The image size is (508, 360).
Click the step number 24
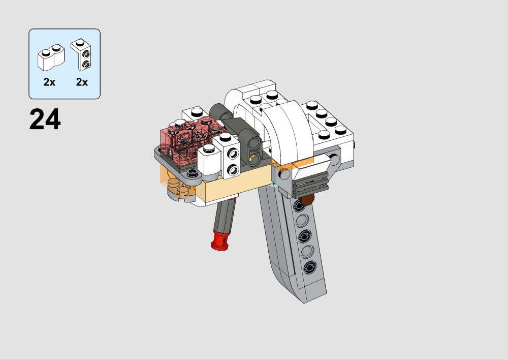pyautogui.click(x=45, y=119)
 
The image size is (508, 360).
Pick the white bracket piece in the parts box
pyautogui.click(x=81, y=54)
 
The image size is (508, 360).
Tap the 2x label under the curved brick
pyautogui.click(x=49, y=82)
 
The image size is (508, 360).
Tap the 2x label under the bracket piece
pyautogui.click(x=82, y=82)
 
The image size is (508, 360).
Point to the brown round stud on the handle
pyautogui.click(x=306, y=199)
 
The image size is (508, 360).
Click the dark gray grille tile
pyautogui.click(x=310, y=185)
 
